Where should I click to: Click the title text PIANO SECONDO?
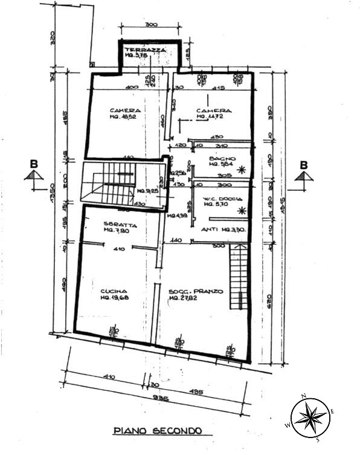click(x=158, y=431)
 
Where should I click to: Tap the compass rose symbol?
click(x=310, y=417)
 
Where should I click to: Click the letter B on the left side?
click(x=34, y=164)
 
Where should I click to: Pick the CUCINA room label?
click(x=113, y=291)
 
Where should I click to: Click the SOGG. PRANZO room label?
click(x=196, y=291)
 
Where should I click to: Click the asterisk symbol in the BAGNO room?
click(x=242, y=170)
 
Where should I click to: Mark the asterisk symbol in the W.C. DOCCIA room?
click(x=242, y=210)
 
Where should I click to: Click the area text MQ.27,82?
click(x=184, y=298)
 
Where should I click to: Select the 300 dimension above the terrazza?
click(x=151, y=25)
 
